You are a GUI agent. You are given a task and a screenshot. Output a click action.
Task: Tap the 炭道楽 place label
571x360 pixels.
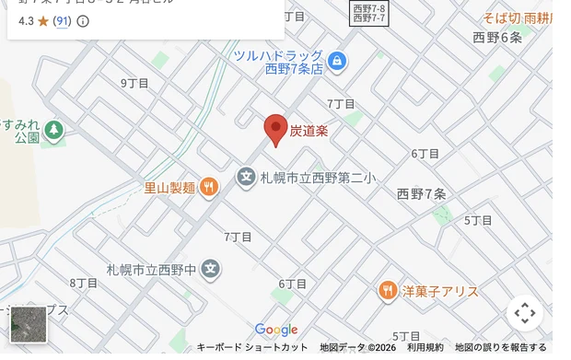[309, 132]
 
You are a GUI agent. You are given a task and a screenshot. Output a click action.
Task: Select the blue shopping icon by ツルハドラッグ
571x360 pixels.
[337, 62]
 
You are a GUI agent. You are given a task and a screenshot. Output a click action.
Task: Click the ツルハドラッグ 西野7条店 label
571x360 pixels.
[278, 62]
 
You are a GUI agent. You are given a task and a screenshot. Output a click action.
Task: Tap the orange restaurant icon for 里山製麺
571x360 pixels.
[209, 188]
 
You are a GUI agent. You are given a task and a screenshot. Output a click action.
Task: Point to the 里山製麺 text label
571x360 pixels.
[169, 188]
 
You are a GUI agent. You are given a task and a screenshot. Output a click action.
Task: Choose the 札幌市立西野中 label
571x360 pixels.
[152, 270]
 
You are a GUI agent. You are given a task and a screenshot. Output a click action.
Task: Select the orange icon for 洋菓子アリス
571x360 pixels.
[388, 291]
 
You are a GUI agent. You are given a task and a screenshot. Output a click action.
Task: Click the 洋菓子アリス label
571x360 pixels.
[440, 291]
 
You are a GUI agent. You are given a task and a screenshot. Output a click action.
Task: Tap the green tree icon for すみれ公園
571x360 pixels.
[53, 130]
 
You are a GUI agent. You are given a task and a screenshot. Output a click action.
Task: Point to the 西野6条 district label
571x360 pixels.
[497, 38]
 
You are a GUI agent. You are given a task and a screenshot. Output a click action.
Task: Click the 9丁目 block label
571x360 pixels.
[134, 83]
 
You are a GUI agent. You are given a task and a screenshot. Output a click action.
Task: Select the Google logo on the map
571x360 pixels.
[276, 330]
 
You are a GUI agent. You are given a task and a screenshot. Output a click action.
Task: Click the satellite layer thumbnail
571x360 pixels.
[28, 324]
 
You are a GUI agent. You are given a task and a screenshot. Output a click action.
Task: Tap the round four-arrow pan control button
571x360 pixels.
[525, 313]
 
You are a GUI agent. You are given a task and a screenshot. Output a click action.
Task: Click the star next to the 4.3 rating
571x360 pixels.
[42, 20]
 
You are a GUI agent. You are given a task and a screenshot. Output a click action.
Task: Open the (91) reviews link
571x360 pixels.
[62, 20]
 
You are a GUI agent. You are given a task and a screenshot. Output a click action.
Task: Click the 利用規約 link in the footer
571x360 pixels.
[425, 347]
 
